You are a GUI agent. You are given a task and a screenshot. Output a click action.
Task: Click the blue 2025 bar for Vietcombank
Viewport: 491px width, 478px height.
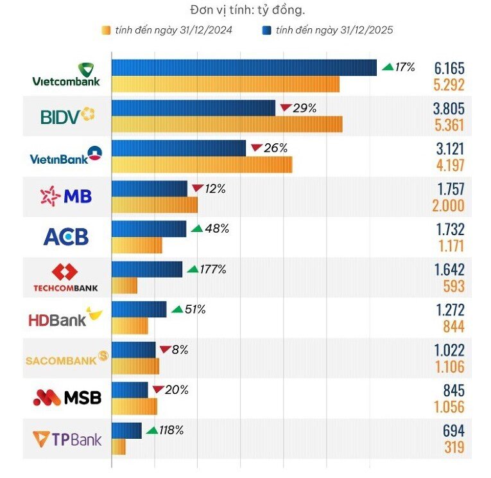(245, 67)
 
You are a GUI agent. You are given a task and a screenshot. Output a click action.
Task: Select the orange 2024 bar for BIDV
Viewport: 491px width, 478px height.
(227, 124)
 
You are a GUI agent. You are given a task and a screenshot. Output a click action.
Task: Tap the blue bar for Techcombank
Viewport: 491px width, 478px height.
(147, 269)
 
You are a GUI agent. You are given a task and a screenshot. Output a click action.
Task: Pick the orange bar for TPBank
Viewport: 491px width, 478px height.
(119, 447)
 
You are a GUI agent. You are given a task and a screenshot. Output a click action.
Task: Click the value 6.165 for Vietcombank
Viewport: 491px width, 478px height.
(449, 68)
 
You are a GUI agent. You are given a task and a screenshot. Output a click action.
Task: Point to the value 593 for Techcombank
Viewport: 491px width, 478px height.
(454, 286)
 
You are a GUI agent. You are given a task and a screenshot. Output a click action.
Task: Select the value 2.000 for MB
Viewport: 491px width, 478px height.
(448, 206)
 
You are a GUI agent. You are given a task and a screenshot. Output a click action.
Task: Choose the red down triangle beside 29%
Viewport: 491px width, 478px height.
(286, 107)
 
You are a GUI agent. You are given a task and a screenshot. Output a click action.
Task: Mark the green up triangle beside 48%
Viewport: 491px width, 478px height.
(197, 229)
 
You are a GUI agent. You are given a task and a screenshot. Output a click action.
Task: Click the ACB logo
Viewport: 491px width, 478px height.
(66, 236)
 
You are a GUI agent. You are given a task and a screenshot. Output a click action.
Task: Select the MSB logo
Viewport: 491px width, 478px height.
(67, 398)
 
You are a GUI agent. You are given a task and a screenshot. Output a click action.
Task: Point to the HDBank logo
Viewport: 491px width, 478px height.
(65, 317)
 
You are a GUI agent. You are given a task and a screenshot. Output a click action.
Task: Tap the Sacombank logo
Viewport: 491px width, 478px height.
(67, 358)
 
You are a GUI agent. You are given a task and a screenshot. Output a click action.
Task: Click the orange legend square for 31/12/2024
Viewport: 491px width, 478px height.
(106, 30)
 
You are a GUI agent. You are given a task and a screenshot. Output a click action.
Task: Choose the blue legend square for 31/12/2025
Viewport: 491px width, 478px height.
(266, 30)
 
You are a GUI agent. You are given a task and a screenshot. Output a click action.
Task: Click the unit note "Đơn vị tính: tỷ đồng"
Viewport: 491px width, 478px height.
(247, 10)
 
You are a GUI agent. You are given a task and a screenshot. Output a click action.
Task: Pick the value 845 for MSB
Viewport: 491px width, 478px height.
(454, 391)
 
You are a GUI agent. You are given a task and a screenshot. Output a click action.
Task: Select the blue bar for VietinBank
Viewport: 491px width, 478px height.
(179, 148)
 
